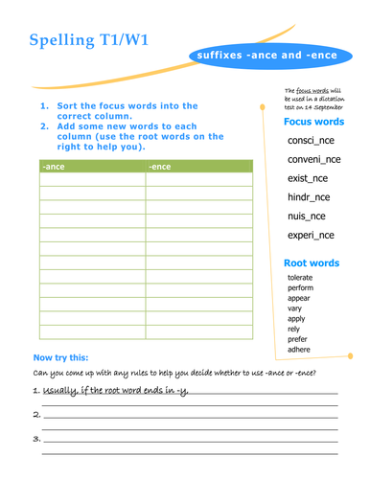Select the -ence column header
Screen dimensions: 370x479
pos(160,167)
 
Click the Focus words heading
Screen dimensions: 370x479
pos(313,122)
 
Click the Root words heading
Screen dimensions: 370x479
pos(312,262)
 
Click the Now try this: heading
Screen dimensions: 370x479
pos(62,358)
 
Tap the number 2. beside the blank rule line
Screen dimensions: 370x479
pos(36,415)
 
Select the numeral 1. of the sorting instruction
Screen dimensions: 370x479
pos(44,106)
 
